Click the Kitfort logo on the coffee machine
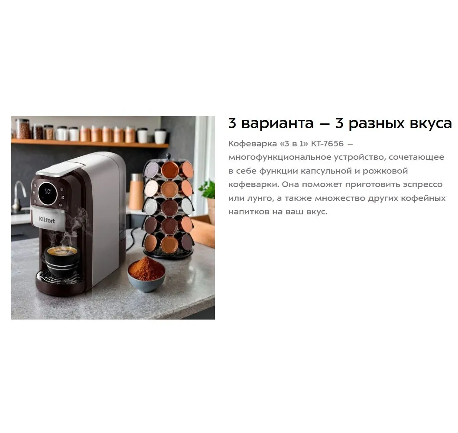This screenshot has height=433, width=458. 47,220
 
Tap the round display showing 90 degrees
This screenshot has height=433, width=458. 47,193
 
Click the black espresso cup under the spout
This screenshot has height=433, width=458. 62,261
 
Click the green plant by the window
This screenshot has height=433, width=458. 208,189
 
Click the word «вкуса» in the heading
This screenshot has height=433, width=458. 431,123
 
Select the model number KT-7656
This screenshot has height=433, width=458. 328,144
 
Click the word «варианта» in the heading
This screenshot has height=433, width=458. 277,123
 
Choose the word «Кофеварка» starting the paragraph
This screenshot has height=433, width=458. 253,144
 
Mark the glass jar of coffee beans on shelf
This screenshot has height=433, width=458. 23,129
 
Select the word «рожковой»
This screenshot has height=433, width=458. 385,171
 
